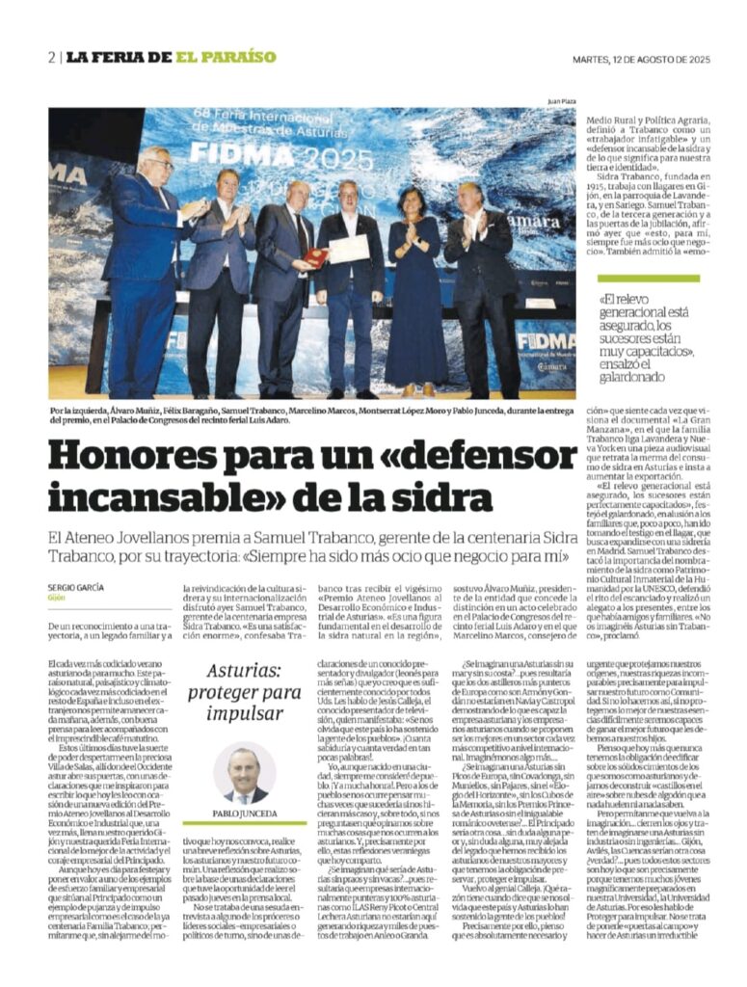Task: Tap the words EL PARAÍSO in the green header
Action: point(226,57)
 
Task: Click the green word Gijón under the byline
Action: point(58,598)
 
